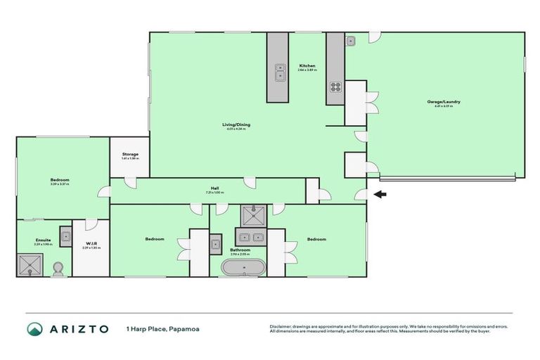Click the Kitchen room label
coord(307,65)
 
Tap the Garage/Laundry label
coord(444,102)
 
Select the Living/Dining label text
coord(238,124)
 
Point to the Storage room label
coord(130,154)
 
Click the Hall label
coord(215,188)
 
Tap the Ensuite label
coord(44,240)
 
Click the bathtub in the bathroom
coord(244,267)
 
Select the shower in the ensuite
coord(30,264)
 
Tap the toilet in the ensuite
coord(59,268)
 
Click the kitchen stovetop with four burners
coord(335,88)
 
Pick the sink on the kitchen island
coord(280,71)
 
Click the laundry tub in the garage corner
coord(351,41)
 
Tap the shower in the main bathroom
coord(251,214)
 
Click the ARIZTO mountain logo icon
coord(35,329)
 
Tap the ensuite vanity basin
coord(65,236)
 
